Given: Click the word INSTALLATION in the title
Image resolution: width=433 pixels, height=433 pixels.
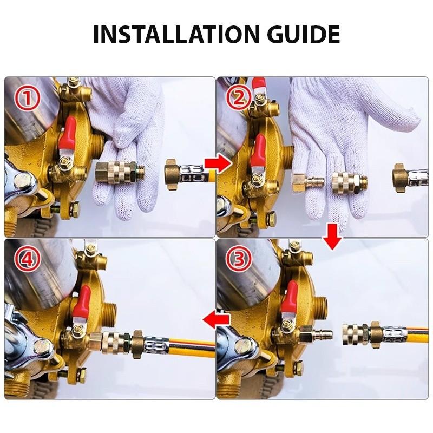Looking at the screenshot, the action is click(x=176, y=34).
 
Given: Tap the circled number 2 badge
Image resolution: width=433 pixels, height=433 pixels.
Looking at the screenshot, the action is click(x=239, y=98).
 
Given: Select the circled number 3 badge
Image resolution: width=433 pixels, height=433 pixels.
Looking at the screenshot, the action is click(x=239, y=259).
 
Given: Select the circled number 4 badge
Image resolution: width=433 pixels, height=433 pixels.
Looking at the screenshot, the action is click(x=28, y=259).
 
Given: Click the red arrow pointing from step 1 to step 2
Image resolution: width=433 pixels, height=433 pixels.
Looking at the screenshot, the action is click(x=218, y=165).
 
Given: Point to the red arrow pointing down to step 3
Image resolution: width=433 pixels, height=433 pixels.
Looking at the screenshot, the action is click(x=332, y=237).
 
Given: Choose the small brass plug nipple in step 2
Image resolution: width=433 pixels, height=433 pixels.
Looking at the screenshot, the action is click(x=308, y=182).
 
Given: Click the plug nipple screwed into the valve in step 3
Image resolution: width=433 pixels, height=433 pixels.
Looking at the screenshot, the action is click(x=316, y=333).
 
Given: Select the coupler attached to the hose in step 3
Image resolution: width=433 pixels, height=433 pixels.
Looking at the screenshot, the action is click(x=356, y=334).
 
